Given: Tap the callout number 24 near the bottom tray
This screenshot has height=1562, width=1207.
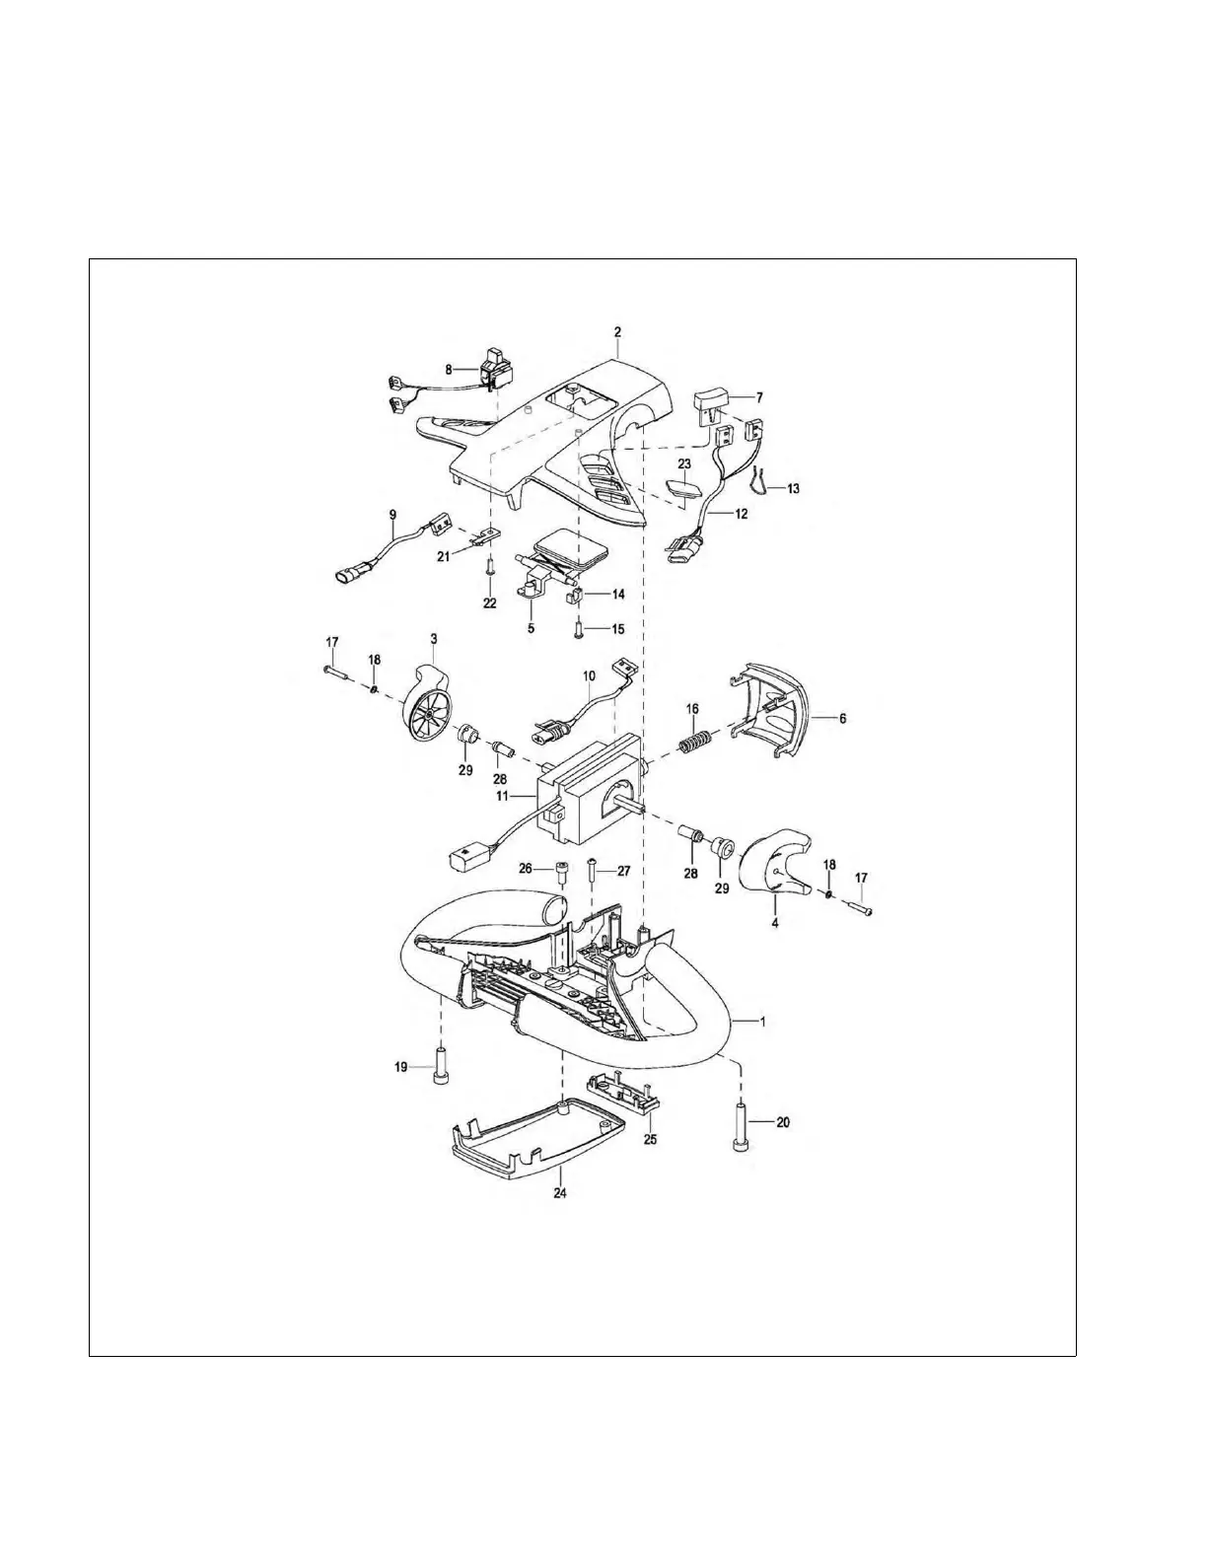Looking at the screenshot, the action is point(561,1191).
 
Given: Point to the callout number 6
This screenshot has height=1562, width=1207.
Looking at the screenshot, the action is point(842,719).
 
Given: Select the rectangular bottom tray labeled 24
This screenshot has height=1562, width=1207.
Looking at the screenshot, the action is point(537,1142).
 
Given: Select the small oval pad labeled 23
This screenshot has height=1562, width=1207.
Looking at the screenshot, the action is point(678,489).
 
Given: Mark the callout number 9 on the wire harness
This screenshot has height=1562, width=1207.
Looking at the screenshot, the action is point(392,514).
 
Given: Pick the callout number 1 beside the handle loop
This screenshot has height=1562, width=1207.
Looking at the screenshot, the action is point(761,1022).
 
